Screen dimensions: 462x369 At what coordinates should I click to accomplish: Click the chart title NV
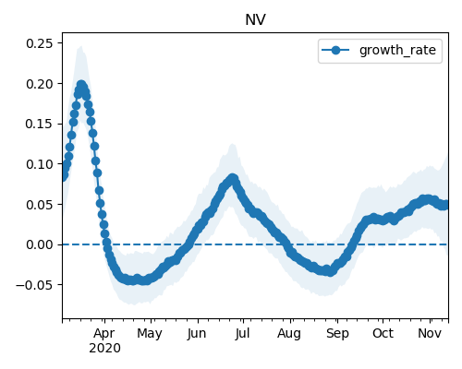(255, 20)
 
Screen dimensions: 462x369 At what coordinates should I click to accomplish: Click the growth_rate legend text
(397, 51)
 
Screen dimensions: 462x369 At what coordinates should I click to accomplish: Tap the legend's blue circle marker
(335, 50)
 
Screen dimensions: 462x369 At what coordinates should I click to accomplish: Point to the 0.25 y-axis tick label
(40, 43)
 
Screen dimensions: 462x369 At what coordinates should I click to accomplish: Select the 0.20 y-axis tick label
(40, 84)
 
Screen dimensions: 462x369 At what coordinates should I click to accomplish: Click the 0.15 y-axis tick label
(40, 124)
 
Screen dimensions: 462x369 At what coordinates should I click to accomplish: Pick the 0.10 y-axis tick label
(40, 164)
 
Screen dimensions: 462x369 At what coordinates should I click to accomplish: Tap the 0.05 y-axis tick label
(40, 205)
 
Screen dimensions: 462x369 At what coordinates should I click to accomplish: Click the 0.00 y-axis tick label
(40, 244)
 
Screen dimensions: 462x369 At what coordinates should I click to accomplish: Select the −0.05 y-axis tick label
(34, 285)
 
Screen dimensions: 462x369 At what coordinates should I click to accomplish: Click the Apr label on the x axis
(104, 334)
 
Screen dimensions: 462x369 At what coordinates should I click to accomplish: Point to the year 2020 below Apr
(104, 349)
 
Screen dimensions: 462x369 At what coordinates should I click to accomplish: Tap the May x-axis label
(150, 334)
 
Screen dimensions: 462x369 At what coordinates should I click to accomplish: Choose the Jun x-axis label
(197, 334)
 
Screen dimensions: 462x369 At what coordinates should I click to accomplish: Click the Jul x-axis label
(242, 334)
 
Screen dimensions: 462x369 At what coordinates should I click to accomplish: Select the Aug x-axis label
(289, 334)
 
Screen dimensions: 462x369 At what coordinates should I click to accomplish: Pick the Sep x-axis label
(337, 334)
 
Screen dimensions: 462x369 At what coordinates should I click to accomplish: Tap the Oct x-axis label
(383, 334)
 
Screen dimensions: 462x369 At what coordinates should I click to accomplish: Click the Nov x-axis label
(430, 334)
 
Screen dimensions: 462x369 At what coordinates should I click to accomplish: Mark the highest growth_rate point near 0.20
(81, 85)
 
